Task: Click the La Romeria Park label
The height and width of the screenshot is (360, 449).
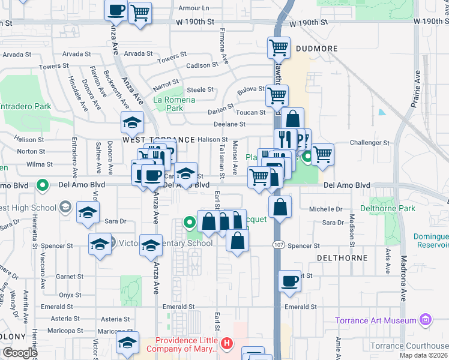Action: [x=175, y=104]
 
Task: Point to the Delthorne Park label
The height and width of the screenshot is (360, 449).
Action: [x=387, y=209]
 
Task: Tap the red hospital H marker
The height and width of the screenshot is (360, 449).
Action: [x=227, y=344]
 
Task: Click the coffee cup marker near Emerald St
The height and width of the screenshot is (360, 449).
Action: [x=289, y=281]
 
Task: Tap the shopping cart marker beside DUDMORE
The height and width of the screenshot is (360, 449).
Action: [x=279, y=47]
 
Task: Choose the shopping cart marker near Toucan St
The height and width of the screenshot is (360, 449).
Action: [x=277, y=94]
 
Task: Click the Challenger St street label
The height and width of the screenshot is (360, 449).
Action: [x=370, y=143]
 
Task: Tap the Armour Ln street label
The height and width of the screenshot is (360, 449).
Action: [x=194, y=8]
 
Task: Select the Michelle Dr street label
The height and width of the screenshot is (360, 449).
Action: [x=326, y=209]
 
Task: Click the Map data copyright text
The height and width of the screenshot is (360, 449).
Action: [x=423, y=355]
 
